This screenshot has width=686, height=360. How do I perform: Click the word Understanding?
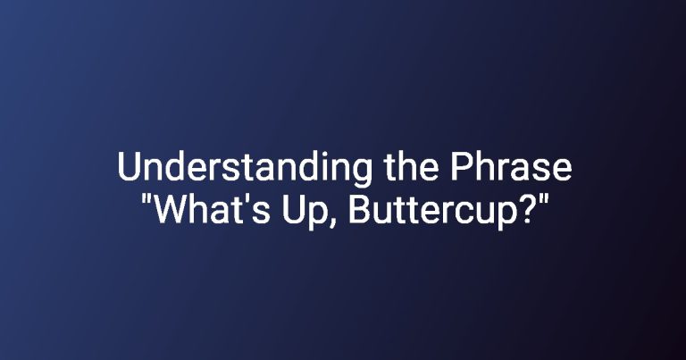pyautogui.click(x=244, y=169)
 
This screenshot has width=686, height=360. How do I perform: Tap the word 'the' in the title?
pyautogui.click(x=411, y=167)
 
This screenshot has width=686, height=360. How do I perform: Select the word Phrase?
pyautogui.click(x=512, y=167)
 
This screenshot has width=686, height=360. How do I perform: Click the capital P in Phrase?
pyautogui.click(x=463, y=167)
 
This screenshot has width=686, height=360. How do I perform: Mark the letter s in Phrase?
pyautogui.click(x=540, y=170)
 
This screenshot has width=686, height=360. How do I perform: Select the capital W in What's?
pyautogui.click(x=171, y=209)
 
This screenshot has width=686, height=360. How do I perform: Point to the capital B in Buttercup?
pyautogui.click(x=359, y=209)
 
